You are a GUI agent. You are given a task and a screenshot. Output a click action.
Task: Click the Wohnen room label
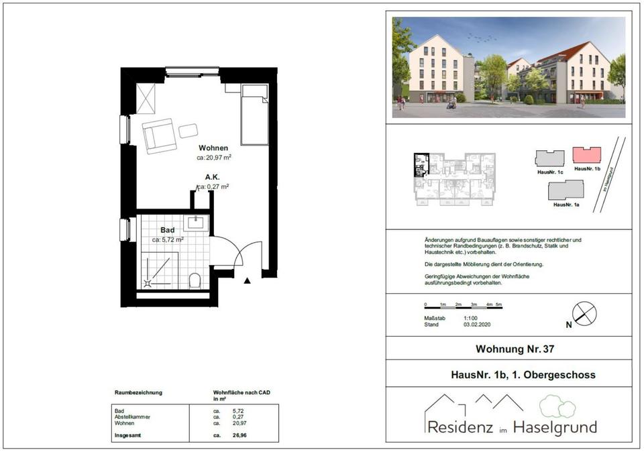pos(213,148)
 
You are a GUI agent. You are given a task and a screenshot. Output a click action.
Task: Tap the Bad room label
pos(167,230)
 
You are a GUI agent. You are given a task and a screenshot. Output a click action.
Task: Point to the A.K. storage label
pos(213,178)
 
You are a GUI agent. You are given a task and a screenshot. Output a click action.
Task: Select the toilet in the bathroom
pos(195,280)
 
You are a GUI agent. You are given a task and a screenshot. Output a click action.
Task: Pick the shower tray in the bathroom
pos(160,270)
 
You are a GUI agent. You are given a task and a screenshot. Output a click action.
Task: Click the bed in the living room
pos(254,115)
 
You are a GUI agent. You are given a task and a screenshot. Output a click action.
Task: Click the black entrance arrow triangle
pos(248,280)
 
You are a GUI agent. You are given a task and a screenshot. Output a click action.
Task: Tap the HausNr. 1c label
pos(549,172)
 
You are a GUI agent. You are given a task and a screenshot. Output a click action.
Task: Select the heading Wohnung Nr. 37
pos(515,349)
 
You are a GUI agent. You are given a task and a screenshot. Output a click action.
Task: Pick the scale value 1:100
pos(472,319)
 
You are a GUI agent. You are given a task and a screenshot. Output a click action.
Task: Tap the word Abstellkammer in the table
pos(132,417)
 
